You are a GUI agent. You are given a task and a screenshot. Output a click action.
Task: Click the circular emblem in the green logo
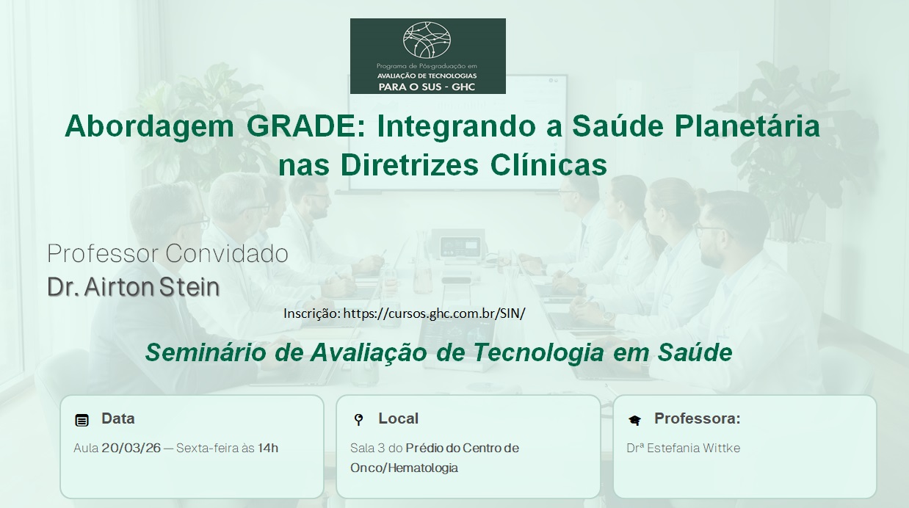[427, 40]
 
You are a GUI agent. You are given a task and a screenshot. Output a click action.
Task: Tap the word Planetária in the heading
[747, 126]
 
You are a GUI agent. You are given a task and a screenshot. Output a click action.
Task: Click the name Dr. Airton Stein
[134, 286]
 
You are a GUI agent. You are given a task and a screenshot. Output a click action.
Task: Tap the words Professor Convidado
[167, 253]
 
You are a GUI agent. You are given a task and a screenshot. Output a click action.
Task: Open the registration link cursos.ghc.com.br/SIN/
[434, 313]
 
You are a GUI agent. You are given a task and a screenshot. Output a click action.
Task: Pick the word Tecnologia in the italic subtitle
[538, 352]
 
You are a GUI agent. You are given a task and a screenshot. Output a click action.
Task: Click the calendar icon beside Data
[82, 421]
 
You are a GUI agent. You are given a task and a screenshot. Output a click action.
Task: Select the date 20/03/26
[131, 448]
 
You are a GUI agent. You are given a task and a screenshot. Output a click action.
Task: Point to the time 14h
[268, 448]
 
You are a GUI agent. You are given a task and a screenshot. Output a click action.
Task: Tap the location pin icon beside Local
[358, 420]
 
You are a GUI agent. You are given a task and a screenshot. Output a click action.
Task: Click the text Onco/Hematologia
[404, 468]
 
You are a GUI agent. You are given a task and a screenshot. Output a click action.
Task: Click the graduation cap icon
[634, 420]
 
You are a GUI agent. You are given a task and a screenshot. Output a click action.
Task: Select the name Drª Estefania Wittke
[684, 448]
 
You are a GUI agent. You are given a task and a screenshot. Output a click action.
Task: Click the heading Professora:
[698, 418]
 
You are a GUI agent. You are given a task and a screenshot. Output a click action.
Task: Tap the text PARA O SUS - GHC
[427, 87]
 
